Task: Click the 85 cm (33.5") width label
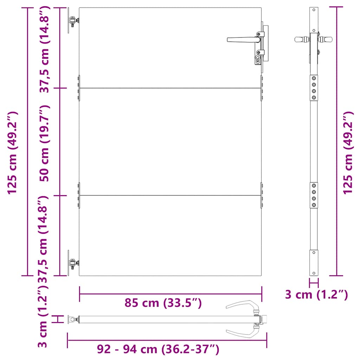tap(163, 303)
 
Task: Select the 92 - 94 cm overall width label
tap(158, 349)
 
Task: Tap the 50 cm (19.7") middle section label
tap(44, 143)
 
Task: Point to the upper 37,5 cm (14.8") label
tap(44, 49)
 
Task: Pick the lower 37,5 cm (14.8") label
tap(44, 239)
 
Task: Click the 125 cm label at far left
tap(12, 153)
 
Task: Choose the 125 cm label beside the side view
tap(348, 153)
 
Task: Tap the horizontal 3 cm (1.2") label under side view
tap(316, 295)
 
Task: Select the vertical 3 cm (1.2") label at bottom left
tap(43, 316)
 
